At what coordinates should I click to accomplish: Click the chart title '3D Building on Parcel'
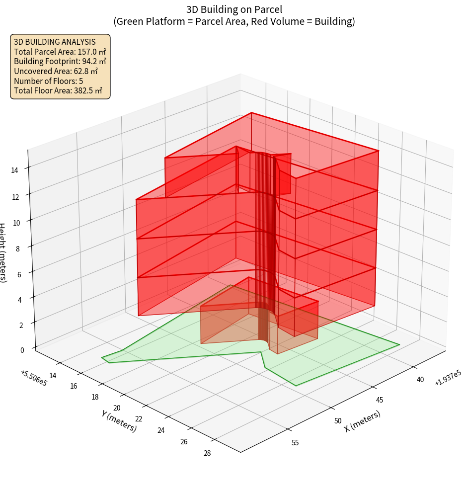pyautogui.click(x=234, y=9)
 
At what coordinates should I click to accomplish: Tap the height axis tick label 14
pyautogui.click(x=14, y=170)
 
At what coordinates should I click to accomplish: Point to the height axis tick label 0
pyautogui.click(x=22, y=350)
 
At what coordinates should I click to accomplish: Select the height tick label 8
pyautogui.click(x=17, y=248)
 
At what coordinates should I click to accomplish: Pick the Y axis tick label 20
pyautogui.click(x=117, y=408)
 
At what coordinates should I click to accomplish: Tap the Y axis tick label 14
pyautogui.click(x=53, y=375)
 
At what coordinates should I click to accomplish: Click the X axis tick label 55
pyautogui.click(x=295, y=442)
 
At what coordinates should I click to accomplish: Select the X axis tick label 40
pyautogui.click(x=420, y=380)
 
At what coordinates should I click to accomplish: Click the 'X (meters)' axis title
pyautogui.click(x=363, y=421)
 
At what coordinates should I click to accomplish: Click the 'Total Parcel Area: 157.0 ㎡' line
pyautogui.click(x=60, y=51)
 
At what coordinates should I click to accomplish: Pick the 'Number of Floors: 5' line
pyautogui.click(x=49, y=81)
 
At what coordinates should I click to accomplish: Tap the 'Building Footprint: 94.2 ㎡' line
pyautogui.click(x=60, y=61)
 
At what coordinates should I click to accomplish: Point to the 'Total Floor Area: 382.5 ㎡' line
pyautogui.click(x=58, y=90)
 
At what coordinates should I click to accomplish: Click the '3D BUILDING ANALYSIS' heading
pyautogui.click(x=55, y=42)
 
